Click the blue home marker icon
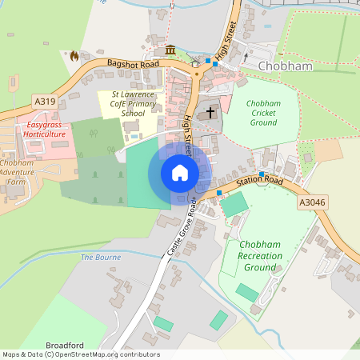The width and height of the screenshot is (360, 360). tap(180, 173)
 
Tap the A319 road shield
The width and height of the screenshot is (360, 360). tap(45, 101)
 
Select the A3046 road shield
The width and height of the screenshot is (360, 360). tap(311, 204)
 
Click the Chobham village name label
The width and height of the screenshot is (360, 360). tap(285, 66)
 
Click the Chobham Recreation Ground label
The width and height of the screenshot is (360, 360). tap(259, 254)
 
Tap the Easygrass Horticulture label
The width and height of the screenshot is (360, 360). tap(44, 130)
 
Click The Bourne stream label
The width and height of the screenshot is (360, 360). tap(101, 257)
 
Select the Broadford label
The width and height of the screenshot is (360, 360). tap(65, 346)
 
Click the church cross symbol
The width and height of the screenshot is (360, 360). tap(211, 112)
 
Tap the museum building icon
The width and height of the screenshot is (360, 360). tap(170, 50)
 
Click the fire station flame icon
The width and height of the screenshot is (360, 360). tap(75, 55)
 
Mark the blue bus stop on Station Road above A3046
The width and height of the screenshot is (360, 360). tap(262, 174)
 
